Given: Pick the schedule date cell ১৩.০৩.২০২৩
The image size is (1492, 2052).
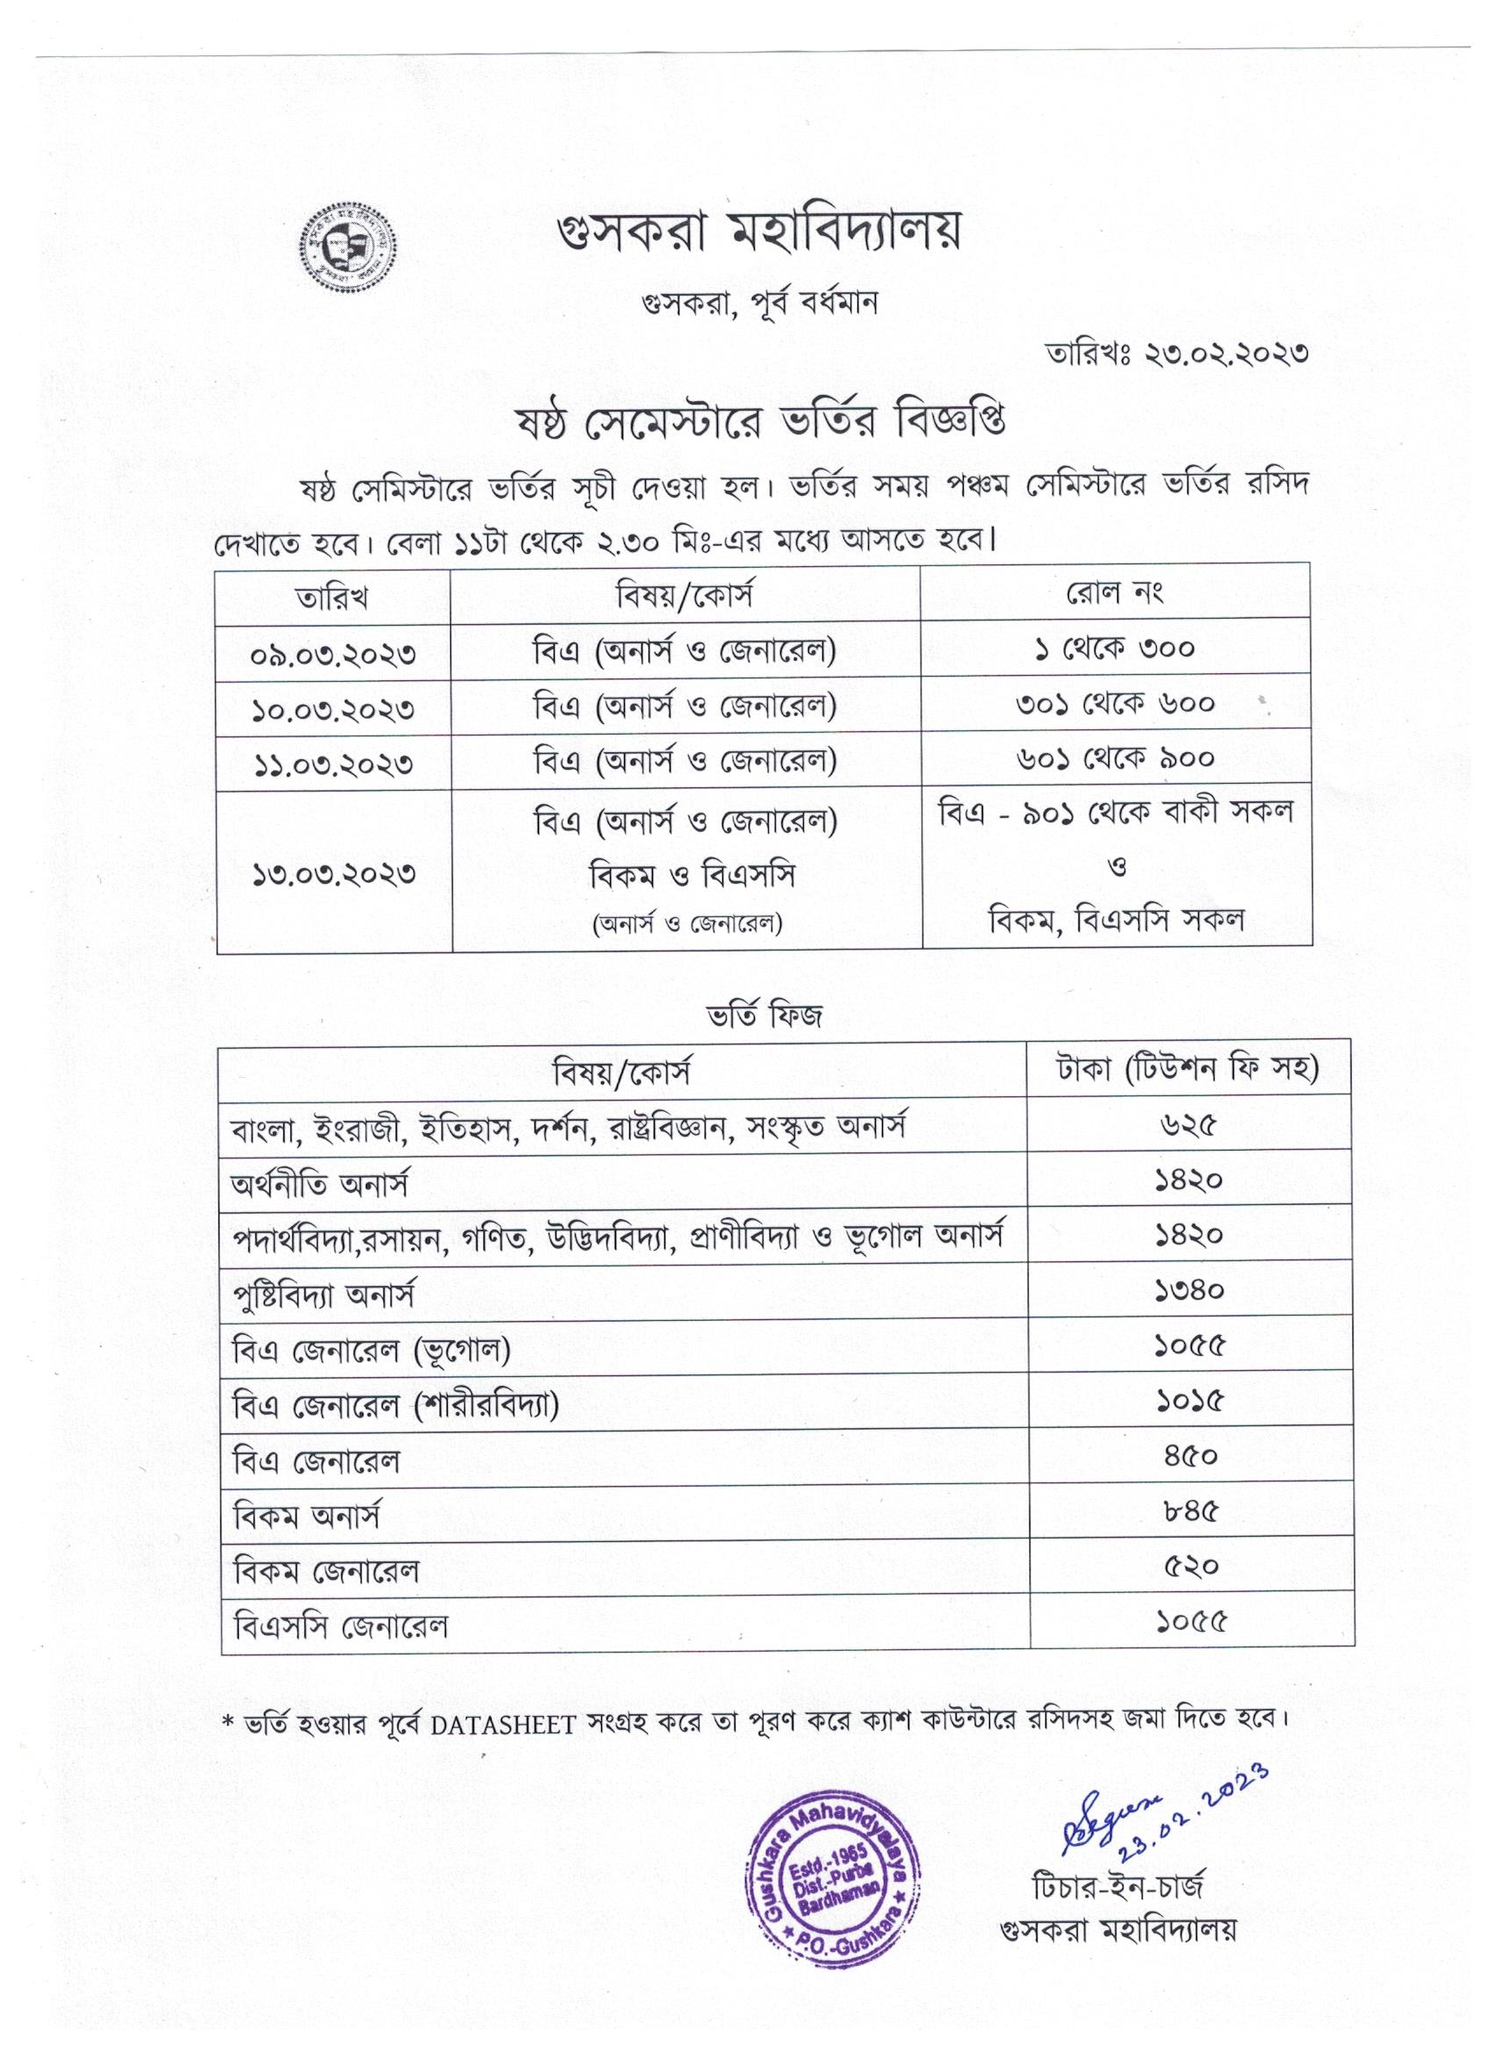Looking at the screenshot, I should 333,873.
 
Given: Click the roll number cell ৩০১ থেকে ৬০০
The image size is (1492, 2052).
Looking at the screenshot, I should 1115,703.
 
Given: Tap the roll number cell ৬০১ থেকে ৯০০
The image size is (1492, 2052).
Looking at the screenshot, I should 1115,758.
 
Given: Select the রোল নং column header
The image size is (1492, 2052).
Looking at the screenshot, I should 1115,592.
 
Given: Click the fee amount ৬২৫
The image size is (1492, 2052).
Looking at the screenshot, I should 1190,1125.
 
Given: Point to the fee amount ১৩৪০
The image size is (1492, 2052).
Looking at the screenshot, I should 1190,1290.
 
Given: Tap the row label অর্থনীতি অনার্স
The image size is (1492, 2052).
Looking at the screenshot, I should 321,1182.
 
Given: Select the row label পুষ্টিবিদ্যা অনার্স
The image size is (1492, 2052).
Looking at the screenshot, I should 323,1295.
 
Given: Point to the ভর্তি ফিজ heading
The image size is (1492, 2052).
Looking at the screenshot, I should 764,1016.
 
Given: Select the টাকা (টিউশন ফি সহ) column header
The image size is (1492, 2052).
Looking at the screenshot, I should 1190,1069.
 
